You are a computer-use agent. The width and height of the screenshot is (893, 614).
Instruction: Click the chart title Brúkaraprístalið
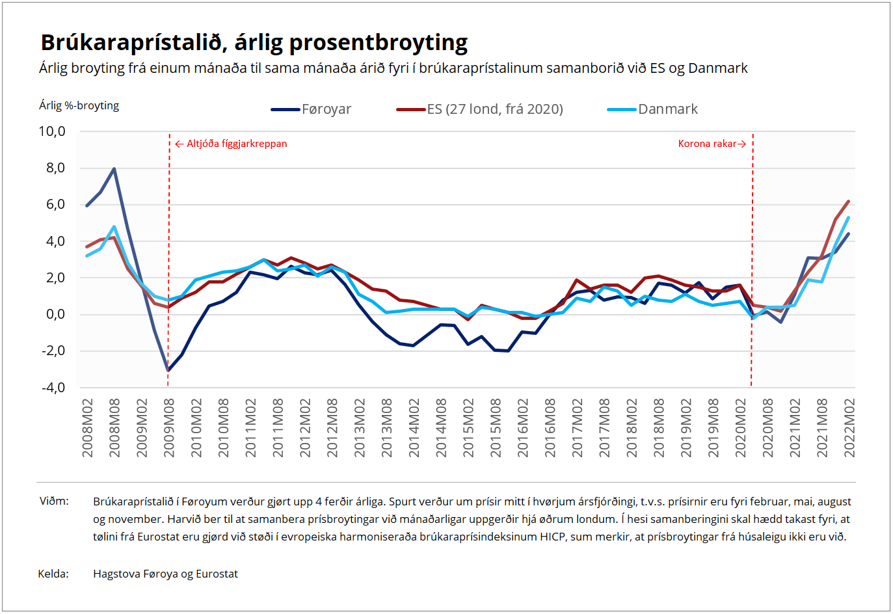point(254,42)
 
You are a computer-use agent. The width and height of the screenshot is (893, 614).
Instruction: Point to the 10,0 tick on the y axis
point(52,131)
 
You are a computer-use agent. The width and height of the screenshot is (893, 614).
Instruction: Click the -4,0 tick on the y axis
point(53,388)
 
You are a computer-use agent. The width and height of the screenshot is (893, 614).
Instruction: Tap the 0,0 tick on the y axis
point(55,314)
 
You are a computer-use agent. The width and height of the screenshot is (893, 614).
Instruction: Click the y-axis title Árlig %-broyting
point(79,105)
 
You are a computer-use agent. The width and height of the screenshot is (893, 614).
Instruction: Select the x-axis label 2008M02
point(88,428)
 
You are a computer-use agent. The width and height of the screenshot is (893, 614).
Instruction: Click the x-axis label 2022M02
point(849,428)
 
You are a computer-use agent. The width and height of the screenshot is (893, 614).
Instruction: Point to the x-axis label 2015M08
point(496,428)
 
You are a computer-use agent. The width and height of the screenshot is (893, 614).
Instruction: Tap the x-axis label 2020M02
point(741,428)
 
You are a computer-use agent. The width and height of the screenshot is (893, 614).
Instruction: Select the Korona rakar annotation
point(708,144)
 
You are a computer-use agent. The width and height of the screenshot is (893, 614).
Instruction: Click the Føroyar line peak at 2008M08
point(114,169)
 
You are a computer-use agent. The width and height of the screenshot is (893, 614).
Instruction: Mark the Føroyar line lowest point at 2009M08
point(168,370)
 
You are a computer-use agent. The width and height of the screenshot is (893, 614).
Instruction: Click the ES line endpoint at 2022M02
point(849,202)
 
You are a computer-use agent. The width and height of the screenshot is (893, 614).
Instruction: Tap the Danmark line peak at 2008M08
point(114,227)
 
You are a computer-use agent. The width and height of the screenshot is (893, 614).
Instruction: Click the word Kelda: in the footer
point(53,574)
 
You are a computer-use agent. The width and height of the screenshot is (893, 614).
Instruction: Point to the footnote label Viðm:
point(54,501)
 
